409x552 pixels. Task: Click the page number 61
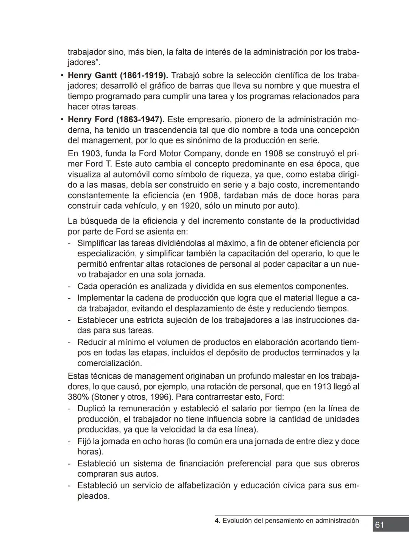tap(379, 525)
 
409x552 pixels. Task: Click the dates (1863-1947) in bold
tap(140, 120)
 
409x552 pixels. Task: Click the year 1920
tap(191, 206)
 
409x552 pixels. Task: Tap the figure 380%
tap(77, 397)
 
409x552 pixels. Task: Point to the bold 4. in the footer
tap(217, 521)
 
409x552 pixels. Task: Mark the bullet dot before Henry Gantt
tap(62, 75)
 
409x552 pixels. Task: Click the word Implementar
tap(101, 298)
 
